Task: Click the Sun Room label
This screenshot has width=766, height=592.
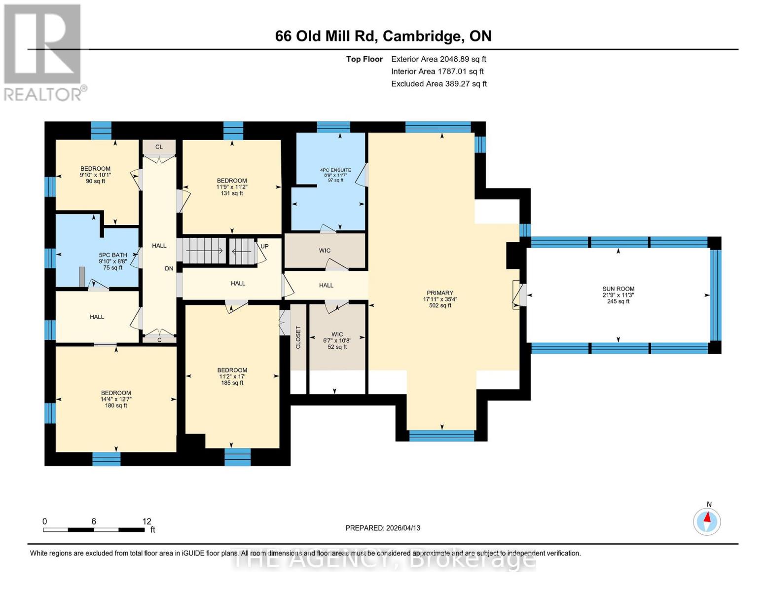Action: tap(618, 295)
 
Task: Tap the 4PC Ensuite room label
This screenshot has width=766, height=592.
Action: tap(335, 175)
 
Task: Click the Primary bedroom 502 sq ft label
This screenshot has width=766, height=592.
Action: tap(440, 299)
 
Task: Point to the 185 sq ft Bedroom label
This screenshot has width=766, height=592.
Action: tap(232, 376)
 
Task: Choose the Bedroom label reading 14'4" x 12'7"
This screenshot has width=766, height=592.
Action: tap(116, 399)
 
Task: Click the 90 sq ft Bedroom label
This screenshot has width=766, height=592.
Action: tap(95, 175)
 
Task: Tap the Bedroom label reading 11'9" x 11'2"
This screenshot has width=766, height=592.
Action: tap(232, 187)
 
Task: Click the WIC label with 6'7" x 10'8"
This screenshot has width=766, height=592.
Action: tap(337, 340)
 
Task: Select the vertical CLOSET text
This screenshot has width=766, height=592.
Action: tap(298, 337)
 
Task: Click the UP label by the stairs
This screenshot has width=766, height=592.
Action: tap(264, 246)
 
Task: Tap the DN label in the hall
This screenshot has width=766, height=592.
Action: tap(169, 268)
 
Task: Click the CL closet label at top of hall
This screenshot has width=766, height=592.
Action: tap(159, 147)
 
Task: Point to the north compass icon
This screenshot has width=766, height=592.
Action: tap(707, 520)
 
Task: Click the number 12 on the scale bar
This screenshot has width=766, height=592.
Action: tap(146, 521)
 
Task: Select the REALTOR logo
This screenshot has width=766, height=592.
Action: tap(43, 52)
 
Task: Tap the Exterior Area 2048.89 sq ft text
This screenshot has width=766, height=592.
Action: tap(438, 59)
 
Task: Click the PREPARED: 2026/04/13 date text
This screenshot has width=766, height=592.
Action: tap(383, 528)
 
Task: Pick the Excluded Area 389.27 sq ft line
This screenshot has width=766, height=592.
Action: tap(438, 84)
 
